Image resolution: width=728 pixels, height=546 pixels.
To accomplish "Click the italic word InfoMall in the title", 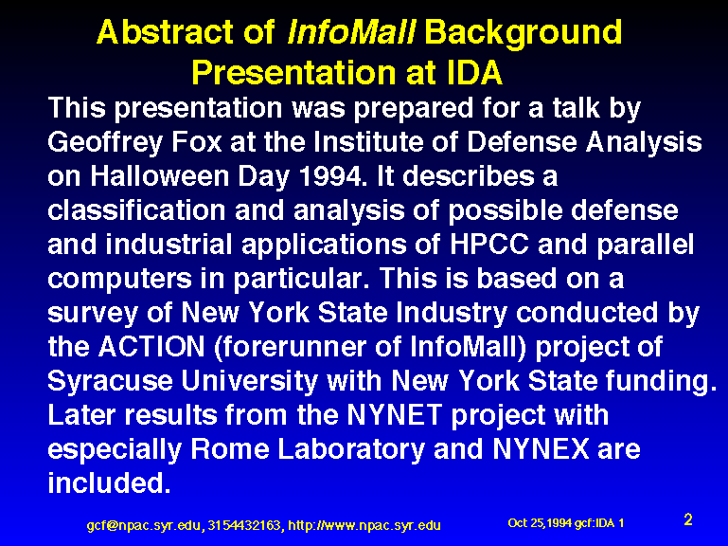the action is click(x=351, y=32).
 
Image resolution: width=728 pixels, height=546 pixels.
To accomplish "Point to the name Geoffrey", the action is click(x=105, y=143).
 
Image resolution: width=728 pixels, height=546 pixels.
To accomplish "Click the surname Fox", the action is click(x=196, y=142).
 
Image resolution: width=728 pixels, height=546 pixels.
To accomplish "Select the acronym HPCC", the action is click(x=488, y=245).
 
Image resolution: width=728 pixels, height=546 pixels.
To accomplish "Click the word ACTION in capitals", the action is click(x=151, y=347).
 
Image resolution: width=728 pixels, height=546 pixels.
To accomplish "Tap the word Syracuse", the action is click(x=111, y=382).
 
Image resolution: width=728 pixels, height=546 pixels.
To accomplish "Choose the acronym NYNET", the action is click(x=394, y=415).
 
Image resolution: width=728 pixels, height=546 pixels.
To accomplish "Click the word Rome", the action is click(x=230, y=449).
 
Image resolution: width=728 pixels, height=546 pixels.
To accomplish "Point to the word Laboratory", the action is click(x=351, y=450).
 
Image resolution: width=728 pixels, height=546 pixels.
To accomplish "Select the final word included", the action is click(x=110, y=482).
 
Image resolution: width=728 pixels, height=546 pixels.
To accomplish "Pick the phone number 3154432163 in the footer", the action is click(x=244, y=525).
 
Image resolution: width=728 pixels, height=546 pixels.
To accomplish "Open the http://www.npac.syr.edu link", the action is click(x=364, y=525).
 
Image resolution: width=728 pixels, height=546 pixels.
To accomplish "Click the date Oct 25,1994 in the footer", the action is click(x=540, y=523).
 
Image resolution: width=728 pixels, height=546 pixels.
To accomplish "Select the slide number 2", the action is click(x=688, y=519).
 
